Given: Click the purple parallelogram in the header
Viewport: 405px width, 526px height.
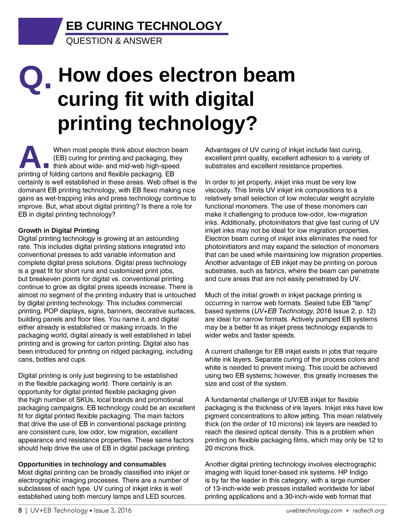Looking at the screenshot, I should coord(40,31).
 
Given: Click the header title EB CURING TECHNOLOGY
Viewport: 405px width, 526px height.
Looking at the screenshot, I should coord(144,26).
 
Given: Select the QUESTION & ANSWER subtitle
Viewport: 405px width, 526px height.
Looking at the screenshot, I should coord(114,41).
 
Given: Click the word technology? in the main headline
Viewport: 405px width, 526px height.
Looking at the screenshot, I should coord(197,123).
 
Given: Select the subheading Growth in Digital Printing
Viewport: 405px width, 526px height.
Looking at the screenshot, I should coord(59,231).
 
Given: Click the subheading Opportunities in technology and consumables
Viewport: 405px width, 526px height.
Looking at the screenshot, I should coord(92,464).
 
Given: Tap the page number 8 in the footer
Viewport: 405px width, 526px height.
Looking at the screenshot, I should coord(20,511).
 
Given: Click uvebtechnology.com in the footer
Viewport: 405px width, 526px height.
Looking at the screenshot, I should coord(314,511).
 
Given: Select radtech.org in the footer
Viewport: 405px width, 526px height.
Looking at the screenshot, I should coord(368,511).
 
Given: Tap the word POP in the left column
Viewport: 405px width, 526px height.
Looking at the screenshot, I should coord(51,311).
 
